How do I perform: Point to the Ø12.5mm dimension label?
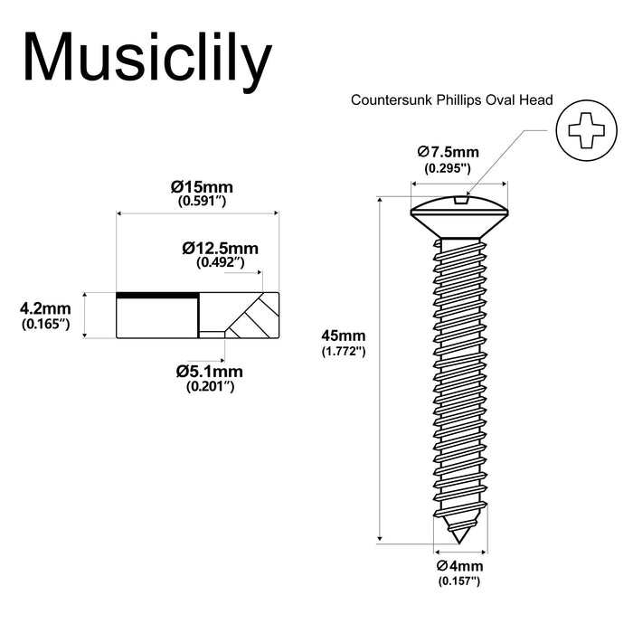tap(220, 248)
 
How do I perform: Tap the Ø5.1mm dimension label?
tap(210, 372)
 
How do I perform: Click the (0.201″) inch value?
tap(210, 386)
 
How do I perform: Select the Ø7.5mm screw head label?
tap(449, 152)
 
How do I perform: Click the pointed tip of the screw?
tap(460, 539)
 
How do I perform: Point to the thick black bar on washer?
tap(156, 295)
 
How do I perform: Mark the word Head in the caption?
tap(536, 100)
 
